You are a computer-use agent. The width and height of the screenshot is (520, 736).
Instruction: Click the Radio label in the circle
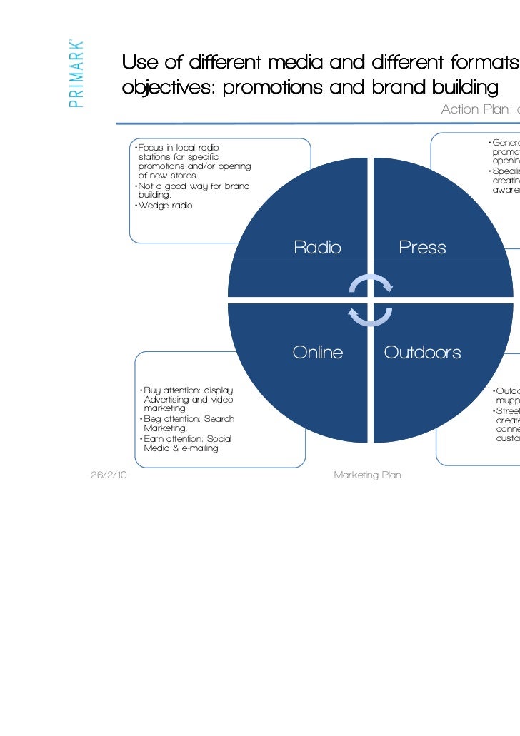click(x=317, y=248)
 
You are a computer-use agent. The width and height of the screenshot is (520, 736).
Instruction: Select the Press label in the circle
click(x=422, y=248)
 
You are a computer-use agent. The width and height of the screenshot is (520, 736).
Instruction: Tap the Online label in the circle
click(x=317, y=352)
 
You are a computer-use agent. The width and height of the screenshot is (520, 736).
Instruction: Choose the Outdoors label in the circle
click(x=422, y=352)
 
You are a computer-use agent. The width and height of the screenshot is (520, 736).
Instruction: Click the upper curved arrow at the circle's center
click(x=371, y=283)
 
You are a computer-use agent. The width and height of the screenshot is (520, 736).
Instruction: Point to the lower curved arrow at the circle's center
click(x=370, y=315)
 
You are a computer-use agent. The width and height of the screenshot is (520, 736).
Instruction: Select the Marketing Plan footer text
click(x=367, y=475)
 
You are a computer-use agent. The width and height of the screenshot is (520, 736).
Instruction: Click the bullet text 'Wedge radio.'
click(x=166, y=206)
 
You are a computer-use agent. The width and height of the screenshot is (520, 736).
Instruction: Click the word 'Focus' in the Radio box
click(x=151, y=147)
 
